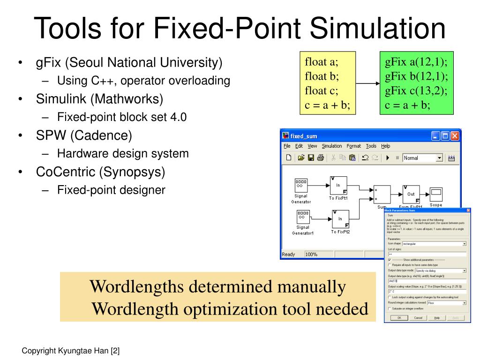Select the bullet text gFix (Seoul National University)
(x=129, y=62)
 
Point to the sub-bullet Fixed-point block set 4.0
(x=122, y=117)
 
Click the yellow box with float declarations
(x=328, y=83)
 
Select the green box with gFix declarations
(x=416, y=83)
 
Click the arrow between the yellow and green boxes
(x=368, y=83)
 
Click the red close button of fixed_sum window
(x=454, y=136)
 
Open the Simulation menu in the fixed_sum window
(x=332, y=146)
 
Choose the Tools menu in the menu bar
(x=371, y=146)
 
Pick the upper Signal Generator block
(x=301, y=185)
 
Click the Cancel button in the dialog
(x=418, y=317)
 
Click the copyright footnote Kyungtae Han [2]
(x=71, y=350)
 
